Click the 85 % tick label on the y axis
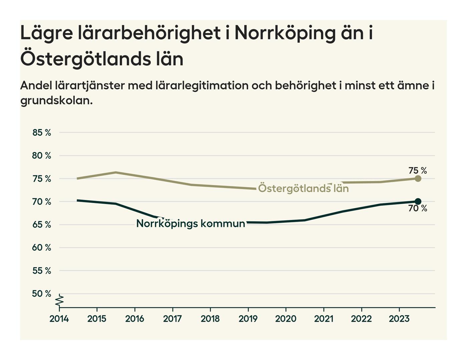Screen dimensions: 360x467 tap(42, 133)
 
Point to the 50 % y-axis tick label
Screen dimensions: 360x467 tap(42, 294)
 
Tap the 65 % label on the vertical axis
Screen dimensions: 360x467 tap(42, 225)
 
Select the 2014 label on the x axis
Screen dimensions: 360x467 tap(59, 319)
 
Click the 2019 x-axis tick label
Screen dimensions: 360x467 tap(248, 319)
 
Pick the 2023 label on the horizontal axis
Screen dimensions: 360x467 tap(399, 319)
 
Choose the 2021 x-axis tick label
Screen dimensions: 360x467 tap(324, 319)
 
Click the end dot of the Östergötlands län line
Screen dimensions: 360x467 tap(418, 179)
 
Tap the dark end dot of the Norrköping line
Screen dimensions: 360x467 tap(418, 201)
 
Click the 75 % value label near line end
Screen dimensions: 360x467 tap(418, 171)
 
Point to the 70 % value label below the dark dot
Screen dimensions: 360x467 tap(418, 209)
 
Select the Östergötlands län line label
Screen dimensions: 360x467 tap(303, 189)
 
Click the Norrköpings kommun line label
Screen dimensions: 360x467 tap(191, 223)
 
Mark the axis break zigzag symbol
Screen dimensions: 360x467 tap(59, 300)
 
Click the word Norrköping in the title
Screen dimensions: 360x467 tap(285, 33)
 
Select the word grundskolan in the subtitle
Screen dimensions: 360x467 tap(56, 100)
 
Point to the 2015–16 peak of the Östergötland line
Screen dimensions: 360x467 tap(115, 172)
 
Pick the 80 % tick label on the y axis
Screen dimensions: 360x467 tap(42, 156)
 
